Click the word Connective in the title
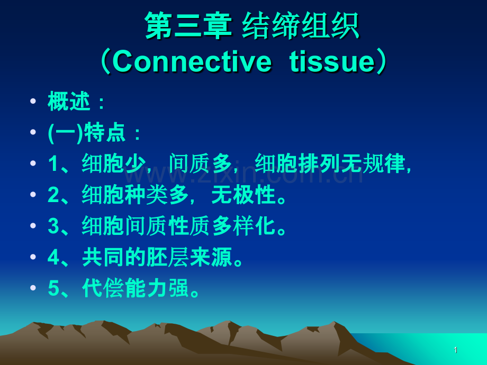click(x=192, y=61)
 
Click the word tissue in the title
click(x=332, y=61)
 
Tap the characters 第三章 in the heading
click(x=188, y=25)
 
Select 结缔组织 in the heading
click(x=301, y=25)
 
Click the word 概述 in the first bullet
click(x=69, y=101)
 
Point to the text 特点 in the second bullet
click(x=105, y=133)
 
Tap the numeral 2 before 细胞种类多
click(x=53, y=195)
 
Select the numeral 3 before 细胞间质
click(x=53, y=226)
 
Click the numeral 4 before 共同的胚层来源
click(x=53, y=257)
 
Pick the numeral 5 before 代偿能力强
click(x=53, y=288)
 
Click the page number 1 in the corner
click(x=456, y=350)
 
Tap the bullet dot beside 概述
click(x=33, y=101)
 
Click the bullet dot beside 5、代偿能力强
click(x=33, y=288)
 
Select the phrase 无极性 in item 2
click(x=243, y=195)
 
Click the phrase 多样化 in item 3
click(x=244, y=226)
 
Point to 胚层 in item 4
click(x=168, y=257)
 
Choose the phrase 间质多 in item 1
click(x=200, y=163)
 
